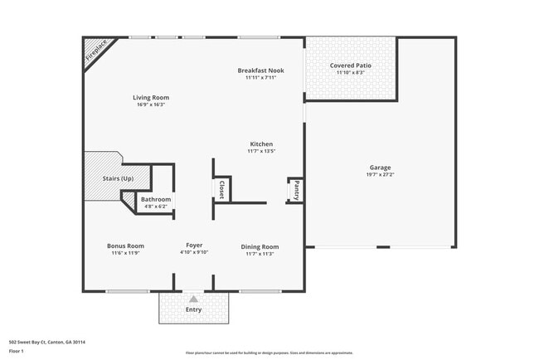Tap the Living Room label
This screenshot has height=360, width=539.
(x=151, y=98)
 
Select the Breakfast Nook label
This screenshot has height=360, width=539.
(x=260, y=71)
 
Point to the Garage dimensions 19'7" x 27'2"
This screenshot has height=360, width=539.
(x=380, y=175)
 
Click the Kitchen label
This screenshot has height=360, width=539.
(x=260, y=144)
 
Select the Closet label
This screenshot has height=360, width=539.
(x=221, y=190)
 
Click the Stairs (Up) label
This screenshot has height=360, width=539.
(x=118, y=178)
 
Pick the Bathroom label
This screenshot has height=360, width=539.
(x=156, y=199)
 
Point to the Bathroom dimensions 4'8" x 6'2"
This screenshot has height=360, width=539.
(x=156, y=207)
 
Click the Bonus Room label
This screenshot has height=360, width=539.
(x=126, y=246)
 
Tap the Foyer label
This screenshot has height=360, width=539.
(x=194, y=246)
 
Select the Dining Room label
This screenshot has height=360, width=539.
(x=260, y=246)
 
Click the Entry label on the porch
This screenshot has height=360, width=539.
(x=193, y=309)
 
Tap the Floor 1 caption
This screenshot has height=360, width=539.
(x=17, y=352)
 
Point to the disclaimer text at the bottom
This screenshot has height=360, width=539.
(x=269, y=353)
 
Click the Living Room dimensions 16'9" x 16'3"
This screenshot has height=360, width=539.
(x=151, y=105)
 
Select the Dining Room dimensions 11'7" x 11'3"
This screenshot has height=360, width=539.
(x=260, y=254)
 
